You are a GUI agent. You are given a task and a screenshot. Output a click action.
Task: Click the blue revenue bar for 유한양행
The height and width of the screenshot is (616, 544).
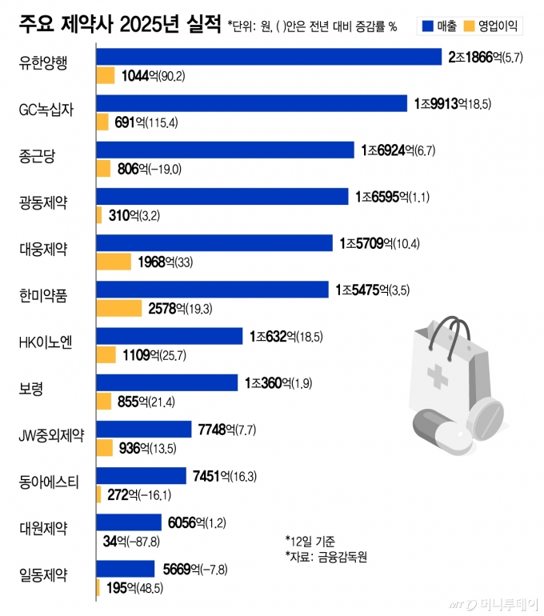[269, 57]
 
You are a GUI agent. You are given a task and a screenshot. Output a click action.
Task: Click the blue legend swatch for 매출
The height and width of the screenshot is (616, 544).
[426, 26]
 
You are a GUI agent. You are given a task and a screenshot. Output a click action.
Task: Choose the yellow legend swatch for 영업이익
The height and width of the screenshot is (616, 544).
[474, 26]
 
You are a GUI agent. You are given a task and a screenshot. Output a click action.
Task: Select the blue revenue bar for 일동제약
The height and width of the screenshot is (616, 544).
[126, 569]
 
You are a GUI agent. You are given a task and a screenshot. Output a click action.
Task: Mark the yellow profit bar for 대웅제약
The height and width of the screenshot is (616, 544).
[114, 262]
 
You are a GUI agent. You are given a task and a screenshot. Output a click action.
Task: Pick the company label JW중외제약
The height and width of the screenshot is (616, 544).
[53, 435]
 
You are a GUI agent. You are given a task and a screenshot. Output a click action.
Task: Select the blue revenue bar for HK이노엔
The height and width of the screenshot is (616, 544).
[170, 336]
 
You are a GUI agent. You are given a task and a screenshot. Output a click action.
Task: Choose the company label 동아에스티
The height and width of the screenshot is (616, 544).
[47, 482]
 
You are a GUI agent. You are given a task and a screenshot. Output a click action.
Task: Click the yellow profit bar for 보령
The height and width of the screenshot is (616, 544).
[104, 401]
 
